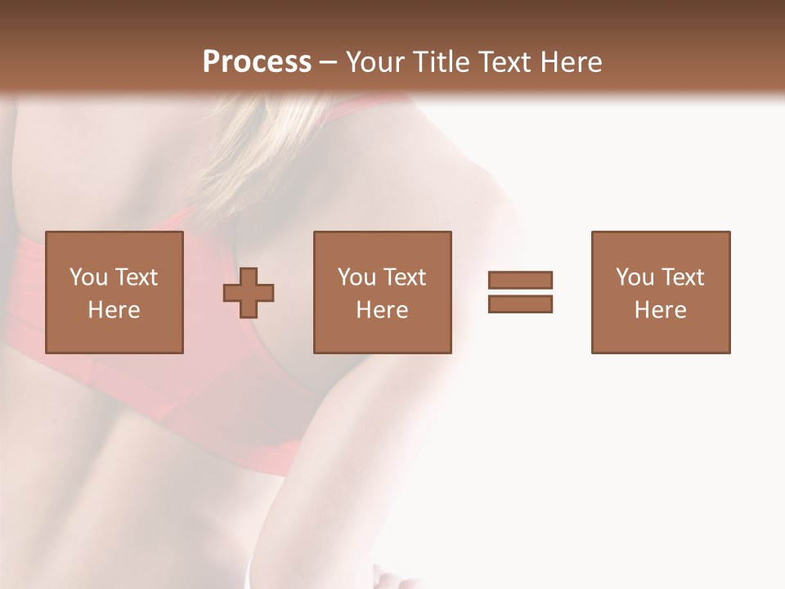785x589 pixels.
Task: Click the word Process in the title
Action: (x=257, y=62)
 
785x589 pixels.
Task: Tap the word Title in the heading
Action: (x=442, y=62)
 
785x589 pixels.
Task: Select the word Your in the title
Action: (x=375, y=62)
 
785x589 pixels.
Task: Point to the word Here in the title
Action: (x=573, y=62)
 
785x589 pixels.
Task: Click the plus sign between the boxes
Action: (x=249, y=292)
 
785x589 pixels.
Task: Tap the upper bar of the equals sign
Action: (x=520, y=280)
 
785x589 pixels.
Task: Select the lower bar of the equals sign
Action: (x=520, y=304)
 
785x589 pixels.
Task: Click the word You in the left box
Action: (x=88, y=277)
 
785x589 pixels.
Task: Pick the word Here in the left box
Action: (x=114, y=310)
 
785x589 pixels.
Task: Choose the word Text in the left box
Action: (x=136, y=277)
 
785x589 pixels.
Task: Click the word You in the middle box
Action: (x=357, y=277)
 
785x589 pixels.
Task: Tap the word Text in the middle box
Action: (x=404, y=277)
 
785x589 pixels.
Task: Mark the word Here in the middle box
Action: (x=382, y=310)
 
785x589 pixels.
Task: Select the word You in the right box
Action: (x=635, y=277)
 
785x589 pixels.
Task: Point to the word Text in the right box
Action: (x=682, y=277)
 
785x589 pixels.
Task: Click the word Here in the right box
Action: (x=660, y=310)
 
